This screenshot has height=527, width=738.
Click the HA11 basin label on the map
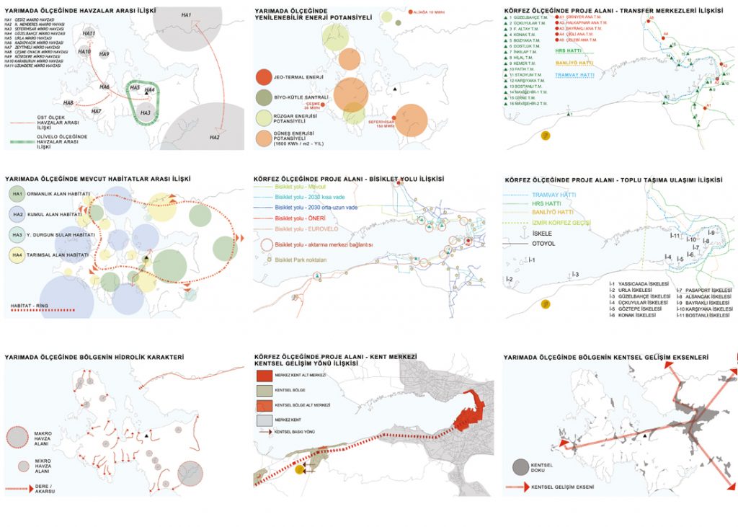[89, 34]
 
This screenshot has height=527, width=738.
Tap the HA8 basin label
[68, 102]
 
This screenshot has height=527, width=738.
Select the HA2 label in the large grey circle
[214, 137]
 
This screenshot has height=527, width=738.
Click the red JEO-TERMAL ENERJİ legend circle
[264, 76]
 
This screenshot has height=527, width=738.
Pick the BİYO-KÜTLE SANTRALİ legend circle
[264, 97]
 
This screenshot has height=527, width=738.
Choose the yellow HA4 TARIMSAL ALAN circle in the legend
[17, 254]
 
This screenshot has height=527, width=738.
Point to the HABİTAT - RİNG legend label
[25, 306]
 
